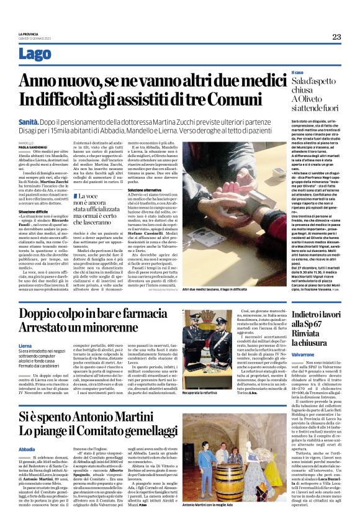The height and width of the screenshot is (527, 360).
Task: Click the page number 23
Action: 336,37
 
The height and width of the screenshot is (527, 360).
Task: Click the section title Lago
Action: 36,55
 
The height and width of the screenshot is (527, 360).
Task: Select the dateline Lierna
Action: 25,345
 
